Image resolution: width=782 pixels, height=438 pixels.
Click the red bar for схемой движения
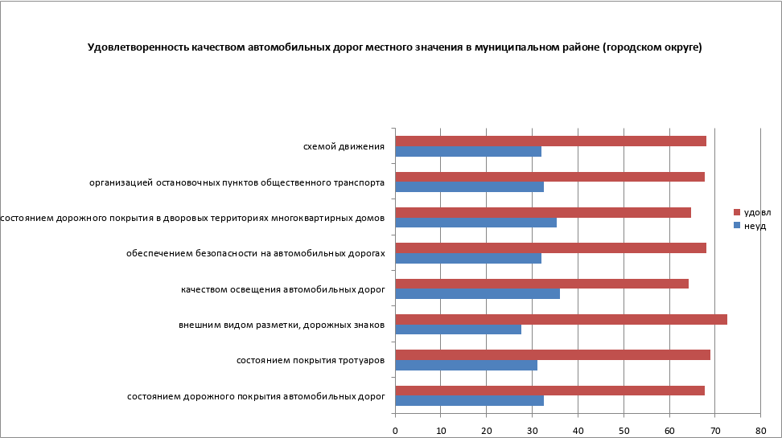click(550, 141)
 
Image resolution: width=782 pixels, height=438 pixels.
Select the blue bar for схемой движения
click(468, 151)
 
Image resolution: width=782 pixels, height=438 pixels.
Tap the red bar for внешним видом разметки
click(561, 319)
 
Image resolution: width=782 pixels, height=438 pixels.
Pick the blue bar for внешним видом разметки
click(458, 330)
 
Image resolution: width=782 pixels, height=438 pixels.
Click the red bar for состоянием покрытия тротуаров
click(553, 354)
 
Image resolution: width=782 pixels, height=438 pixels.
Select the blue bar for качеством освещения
click(477, 294)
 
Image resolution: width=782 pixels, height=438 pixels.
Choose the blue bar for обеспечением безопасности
click(468, 259)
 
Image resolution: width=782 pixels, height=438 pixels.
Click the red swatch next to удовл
click(736, 212)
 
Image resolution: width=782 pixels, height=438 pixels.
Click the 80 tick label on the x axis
click(760, 431)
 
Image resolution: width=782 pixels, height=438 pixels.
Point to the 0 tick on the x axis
click(395, 431)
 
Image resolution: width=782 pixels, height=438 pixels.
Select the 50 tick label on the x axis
click(624, 431)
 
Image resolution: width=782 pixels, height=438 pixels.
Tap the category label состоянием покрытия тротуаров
click(311, 360)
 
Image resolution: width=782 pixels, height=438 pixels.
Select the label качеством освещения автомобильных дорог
click(283, 289)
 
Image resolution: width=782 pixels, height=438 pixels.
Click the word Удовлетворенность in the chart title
click(138, 47)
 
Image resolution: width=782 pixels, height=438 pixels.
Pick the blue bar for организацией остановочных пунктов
click(469, 187)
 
